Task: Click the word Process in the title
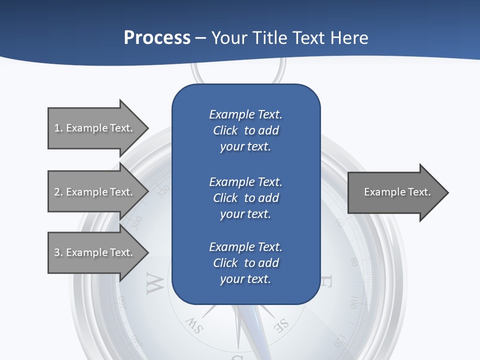click(x=157, y=38)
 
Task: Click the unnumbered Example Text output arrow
click(x=395, y=192)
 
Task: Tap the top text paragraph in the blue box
click(x=245, y=130)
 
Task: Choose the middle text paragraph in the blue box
click(x=245, y=198)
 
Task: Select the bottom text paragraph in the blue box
click(x=245, y=263)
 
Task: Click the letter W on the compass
click(x=155, y=283)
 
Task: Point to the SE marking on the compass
click(x=281, y=325)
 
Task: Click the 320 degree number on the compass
click(x=163, y=192)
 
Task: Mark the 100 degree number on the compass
click(x=354, y=303)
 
